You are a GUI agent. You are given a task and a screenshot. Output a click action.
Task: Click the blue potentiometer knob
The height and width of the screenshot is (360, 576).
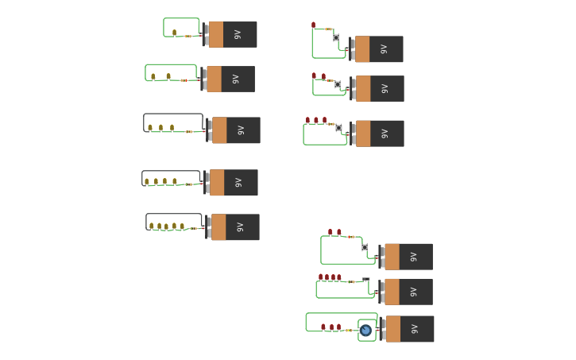(365, 330)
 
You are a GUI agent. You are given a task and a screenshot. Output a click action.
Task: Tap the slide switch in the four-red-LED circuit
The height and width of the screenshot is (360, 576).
(365, 280)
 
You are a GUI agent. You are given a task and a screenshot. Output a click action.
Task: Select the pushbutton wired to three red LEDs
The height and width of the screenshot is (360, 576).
(338, 128)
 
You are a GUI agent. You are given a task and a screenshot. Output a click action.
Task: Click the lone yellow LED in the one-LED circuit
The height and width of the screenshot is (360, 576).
(174, 33)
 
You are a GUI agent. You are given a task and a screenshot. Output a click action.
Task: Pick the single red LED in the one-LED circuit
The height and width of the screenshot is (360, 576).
(314, 25)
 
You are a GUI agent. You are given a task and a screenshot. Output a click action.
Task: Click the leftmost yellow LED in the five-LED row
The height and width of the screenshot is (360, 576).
(151, 226)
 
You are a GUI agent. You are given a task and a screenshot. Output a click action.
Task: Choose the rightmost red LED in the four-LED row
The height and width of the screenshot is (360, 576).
(339, 277)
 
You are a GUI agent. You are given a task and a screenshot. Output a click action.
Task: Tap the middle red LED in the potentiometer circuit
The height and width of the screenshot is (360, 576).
(331, 327)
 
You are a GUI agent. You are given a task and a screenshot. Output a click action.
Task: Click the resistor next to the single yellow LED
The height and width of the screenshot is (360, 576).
(188, 36)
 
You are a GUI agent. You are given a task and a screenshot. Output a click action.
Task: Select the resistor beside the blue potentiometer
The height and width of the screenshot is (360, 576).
(348, 330)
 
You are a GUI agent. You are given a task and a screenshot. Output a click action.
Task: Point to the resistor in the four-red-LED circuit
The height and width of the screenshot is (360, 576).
(350, 281)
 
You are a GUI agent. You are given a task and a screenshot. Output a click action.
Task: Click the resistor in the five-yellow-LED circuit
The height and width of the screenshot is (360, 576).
(193, 229)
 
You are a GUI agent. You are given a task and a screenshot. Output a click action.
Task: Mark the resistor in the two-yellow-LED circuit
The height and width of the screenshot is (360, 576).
(184, 80)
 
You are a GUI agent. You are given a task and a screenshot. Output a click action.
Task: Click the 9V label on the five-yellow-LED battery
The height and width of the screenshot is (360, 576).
(240, 227)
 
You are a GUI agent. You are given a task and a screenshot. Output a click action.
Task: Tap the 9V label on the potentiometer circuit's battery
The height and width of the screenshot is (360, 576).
(415, 329)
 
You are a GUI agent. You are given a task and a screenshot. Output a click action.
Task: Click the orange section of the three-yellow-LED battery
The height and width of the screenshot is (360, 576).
(219, 130)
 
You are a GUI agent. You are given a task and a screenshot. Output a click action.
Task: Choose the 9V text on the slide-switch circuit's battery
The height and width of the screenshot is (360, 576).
(413, 292)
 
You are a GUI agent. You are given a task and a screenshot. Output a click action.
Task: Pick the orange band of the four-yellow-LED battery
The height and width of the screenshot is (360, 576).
(217, 183)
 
